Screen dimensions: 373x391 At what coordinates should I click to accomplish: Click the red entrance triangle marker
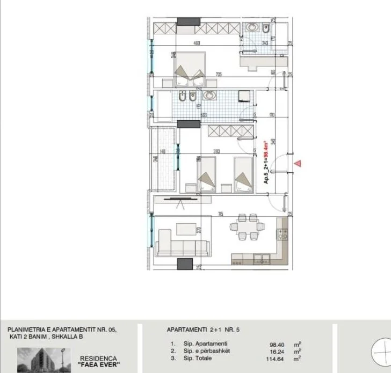[x=297, y=163]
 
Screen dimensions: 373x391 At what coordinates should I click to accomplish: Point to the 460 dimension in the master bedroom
[x=197, y=43]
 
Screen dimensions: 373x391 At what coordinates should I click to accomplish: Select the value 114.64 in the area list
[x=277, y=359]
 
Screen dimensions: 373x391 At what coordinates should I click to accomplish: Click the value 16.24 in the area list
[x=277, y=352]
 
